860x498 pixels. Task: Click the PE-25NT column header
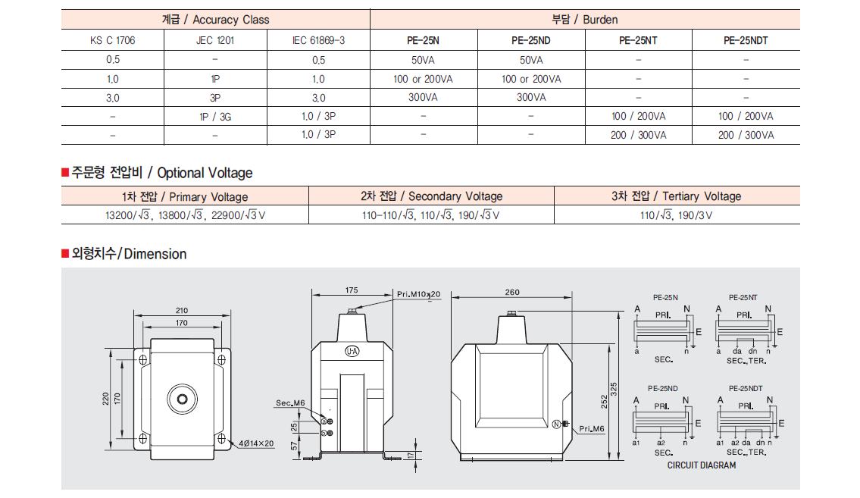point(638,40)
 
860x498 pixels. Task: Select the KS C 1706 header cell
point(112,40)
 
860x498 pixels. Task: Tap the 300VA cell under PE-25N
point(423,97)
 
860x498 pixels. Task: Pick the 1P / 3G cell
point(215,116)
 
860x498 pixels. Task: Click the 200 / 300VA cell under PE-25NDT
point(746,135)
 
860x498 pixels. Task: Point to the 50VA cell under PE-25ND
point(531,60)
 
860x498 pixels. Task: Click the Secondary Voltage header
point(432,196)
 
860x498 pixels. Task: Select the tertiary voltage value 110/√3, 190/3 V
point(677,215)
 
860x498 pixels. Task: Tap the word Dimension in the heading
point(155,254)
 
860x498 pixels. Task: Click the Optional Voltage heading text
point(205,173)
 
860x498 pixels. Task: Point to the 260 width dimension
point(512,293)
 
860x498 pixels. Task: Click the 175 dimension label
point(352,290)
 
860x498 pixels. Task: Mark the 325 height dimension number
point(614,390)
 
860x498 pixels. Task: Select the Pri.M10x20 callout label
point(418,294)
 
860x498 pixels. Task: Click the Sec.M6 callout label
point(290,403)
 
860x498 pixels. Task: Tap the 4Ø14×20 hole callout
point(256,443)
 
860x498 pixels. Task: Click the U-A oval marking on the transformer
point(352,351)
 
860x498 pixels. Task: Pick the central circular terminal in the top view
point(182,399)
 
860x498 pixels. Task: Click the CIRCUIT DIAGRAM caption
point(702,465)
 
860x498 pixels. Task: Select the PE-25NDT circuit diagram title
point(746,388)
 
